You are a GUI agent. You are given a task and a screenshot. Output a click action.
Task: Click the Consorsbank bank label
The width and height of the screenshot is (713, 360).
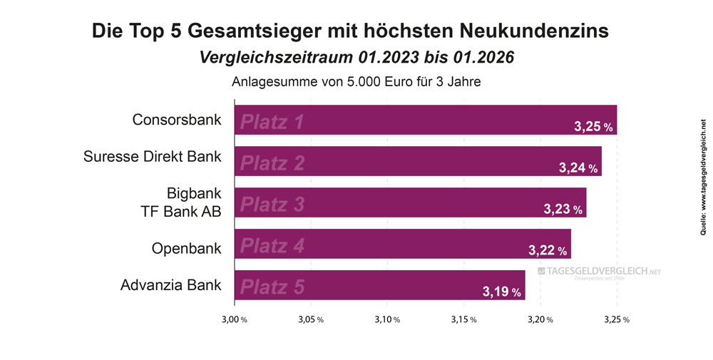coord(177,119)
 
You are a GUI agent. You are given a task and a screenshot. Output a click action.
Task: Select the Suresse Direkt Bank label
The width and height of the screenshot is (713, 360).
coord(153,156)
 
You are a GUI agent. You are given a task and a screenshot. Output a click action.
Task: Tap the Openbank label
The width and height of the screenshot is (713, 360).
coord(187,248)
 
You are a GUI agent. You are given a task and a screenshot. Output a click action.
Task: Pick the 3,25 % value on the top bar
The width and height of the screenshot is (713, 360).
coord(593,127)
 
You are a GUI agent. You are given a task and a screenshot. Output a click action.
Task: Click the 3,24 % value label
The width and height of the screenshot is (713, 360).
coord(578,168)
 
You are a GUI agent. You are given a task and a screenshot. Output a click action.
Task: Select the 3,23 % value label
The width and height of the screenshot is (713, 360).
coord(563,210)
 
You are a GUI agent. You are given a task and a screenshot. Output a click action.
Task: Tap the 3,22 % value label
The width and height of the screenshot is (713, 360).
coord(548,251)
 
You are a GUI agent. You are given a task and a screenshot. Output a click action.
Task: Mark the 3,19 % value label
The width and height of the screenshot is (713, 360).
coord(501,292)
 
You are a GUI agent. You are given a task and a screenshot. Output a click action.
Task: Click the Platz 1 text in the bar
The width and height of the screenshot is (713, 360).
coord(272,122)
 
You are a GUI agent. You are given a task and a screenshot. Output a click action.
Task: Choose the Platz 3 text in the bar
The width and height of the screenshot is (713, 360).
coord(272,205)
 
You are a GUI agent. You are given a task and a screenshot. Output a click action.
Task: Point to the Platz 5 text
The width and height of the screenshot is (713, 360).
coord(272,287)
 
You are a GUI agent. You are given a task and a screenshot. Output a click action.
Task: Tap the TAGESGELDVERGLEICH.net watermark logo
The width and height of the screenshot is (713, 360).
coord(599,272)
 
